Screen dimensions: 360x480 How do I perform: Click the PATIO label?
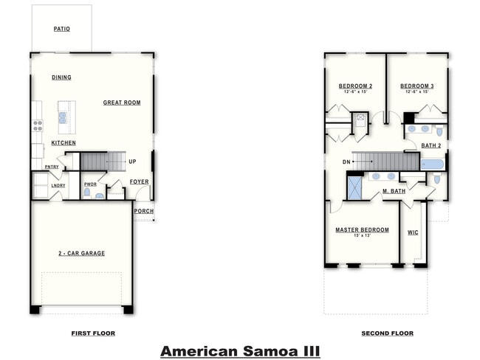coord(61,30)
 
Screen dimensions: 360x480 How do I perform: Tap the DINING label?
coord(61,77)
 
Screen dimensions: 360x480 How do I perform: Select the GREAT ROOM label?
coord(122,103)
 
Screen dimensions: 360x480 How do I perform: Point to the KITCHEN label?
coord(64,142)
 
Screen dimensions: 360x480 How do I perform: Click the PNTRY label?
coord(52,167)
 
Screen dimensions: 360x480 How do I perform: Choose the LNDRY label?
coord(58,185)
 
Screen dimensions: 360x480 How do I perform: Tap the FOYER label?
coord(139,181)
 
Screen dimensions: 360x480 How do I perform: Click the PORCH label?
coord(144,211)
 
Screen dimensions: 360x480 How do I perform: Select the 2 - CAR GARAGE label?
coord(82,253)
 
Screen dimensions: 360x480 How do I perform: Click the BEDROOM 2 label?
coord(355,86)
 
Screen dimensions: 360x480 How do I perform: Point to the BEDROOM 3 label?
coord(417,86)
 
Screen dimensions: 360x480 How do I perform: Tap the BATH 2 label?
coord(431,145)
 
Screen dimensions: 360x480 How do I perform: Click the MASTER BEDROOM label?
coord(362,229)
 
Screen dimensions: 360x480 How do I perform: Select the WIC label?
coord(413,232)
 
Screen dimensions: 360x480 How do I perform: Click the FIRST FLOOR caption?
coord(93,333)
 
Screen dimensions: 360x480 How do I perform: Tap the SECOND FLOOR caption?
coord(387,333)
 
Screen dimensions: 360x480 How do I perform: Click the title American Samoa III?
coord(240,350)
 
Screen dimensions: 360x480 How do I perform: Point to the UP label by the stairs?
coord(132,162)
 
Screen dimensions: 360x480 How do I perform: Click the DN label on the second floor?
coord(346,162)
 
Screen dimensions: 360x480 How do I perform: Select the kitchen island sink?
coord(63,117)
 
